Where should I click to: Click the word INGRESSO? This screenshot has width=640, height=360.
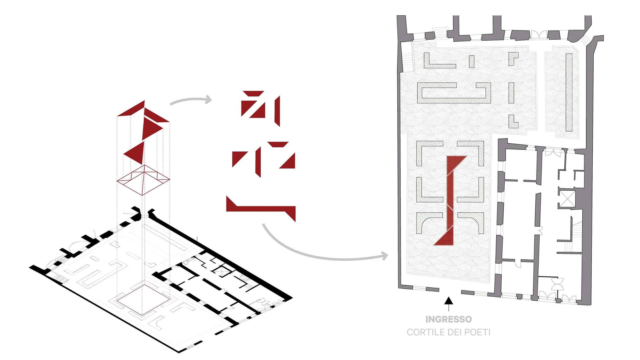tap(449, 319)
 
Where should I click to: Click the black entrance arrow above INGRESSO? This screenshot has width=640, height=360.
tap(449, 302)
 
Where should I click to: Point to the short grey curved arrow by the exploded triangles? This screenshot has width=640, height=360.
tap(191, 100)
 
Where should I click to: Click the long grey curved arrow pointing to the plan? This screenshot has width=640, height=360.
tap(320, 253)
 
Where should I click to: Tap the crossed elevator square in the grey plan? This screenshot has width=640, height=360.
tap(567, 199)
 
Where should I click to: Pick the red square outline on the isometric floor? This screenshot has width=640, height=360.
tap(143, 299)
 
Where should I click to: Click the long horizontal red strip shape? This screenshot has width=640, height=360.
tap(261, 209)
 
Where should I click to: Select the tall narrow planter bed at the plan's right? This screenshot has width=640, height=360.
tap(569, 92)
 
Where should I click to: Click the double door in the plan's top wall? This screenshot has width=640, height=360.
tap(539, 34)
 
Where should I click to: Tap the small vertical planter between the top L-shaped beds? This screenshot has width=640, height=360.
tap(472, 61)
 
